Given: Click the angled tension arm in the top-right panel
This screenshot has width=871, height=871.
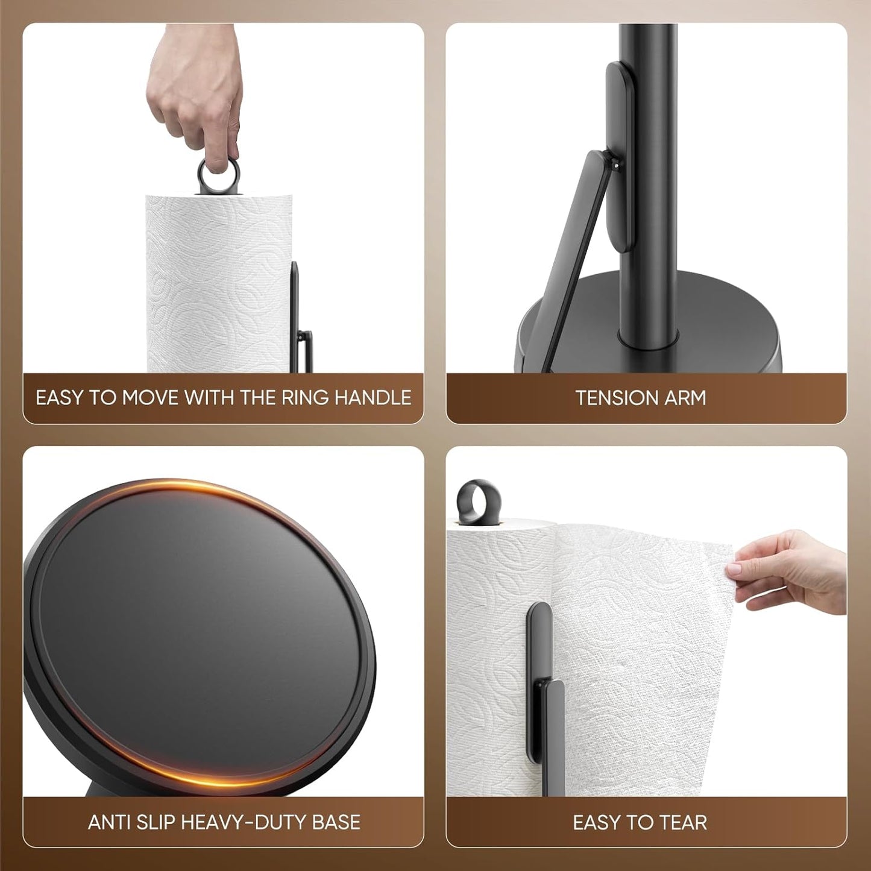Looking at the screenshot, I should [570, 253].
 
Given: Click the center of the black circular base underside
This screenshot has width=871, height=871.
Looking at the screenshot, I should [199, 633].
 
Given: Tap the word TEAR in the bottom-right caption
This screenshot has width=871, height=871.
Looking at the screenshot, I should [683, 822].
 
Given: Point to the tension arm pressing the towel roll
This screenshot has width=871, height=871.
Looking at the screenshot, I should [546, 693].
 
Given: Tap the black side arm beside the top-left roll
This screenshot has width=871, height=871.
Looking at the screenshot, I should [296, 313].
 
